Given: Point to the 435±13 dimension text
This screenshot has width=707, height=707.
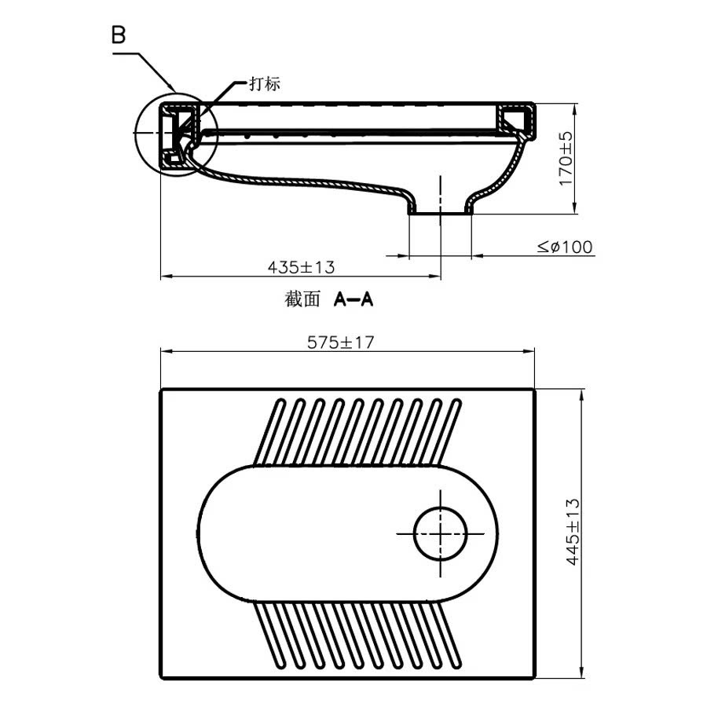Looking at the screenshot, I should [301, 267].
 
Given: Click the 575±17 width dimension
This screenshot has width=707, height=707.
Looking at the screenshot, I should [346, 343].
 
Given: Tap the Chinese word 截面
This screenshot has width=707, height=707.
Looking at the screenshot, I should [302, 300].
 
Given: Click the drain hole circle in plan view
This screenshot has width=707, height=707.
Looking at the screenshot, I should [440, 533].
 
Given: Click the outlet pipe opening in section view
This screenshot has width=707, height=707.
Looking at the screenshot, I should [440, 211].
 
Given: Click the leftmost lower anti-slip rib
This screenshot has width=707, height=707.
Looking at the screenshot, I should [267, 632].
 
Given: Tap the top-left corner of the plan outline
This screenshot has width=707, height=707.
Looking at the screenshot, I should [162, 390].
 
